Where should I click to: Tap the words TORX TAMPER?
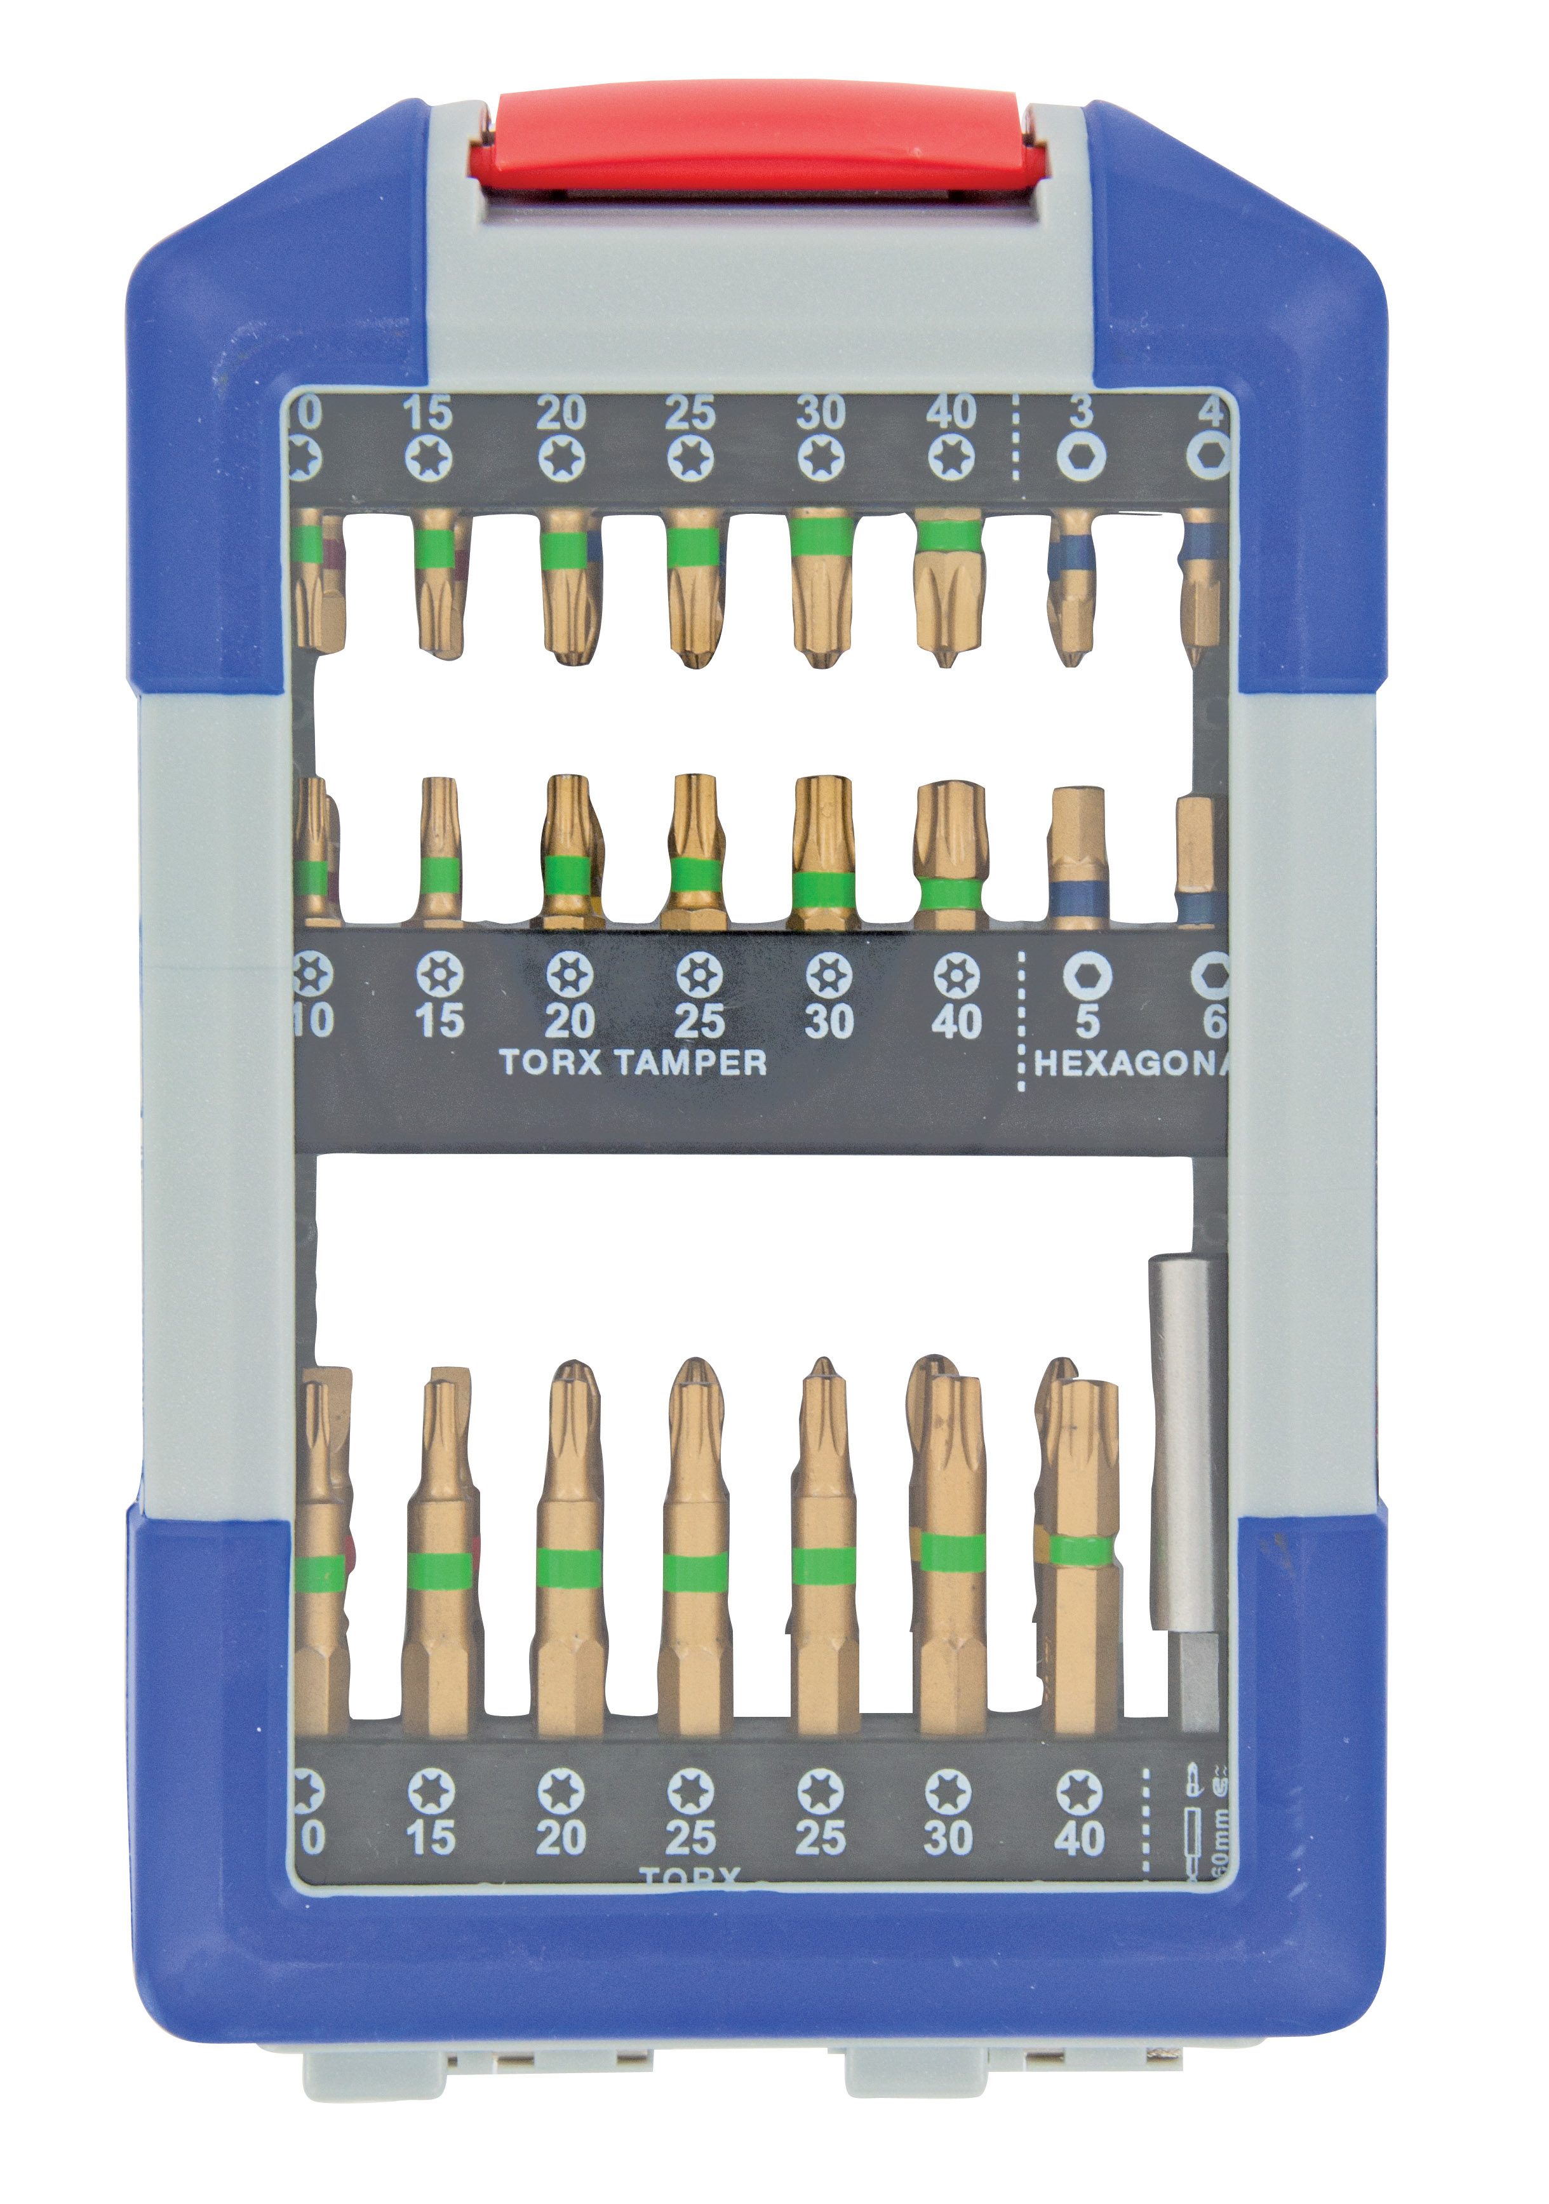click(633, 1062)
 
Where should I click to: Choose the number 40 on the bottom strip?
click(1079, 1838)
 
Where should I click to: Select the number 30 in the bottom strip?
click(948, 1838)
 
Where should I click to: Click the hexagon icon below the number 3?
click(1082, 457)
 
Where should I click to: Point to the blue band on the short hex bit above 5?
click(1080, 903)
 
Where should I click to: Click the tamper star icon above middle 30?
click(828, 976)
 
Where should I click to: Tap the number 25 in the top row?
click(690, 413)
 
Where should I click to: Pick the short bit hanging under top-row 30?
click(822, 586)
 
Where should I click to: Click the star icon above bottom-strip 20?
click(561, 1791)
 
